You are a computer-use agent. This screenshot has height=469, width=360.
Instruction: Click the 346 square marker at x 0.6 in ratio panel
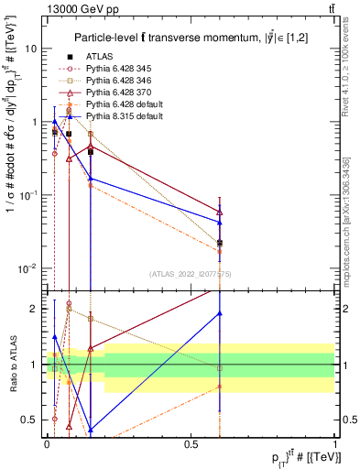pyautogui.click(x=219, y=368)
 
